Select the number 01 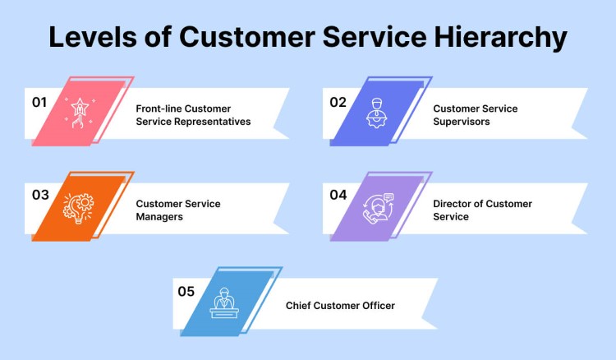(39, 103)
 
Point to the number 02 (338, 103)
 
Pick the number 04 (338, 195)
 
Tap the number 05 (187, 290)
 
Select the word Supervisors (462, 122)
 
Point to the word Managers (159, 217)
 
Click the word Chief (301, 306)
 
